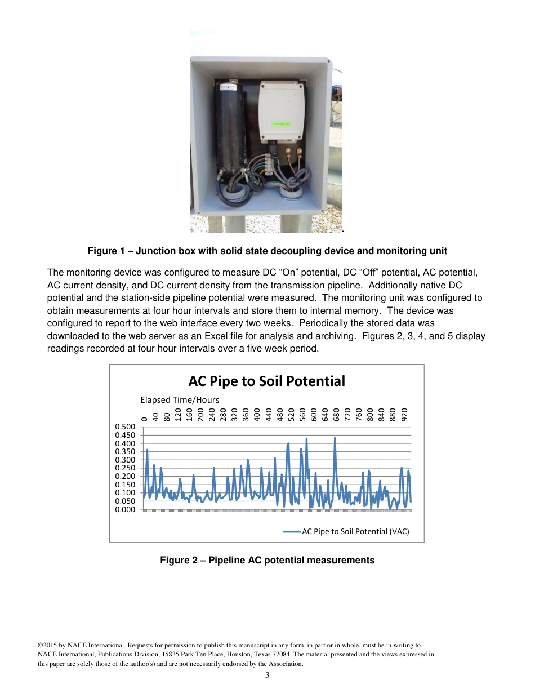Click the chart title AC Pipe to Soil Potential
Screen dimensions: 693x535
[266, 381]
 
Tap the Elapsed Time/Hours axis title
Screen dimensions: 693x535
[180, 399]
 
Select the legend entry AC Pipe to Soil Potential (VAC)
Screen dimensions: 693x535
[355, 531]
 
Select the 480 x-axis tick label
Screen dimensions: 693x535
[280, 416]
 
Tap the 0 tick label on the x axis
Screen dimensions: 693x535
[145, 419]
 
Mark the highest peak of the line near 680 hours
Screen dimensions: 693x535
[335, 438]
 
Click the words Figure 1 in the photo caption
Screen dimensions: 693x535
[106, 251]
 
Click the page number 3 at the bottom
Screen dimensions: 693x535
[267, 675]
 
